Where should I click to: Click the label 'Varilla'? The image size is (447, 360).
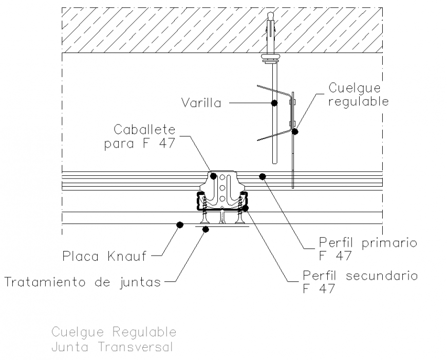coord(201,103)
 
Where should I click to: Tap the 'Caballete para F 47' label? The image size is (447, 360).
coord(140,136)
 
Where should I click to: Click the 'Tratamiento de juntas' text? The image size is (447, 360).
coord(83,281)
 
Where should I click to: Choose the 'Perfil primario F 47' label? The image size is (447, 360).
coord(368,248)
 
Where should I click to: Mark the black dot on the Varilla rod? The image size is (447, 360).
coord(274,103)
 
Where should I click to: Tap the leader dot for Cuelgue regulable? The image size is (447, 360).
coord(295,131)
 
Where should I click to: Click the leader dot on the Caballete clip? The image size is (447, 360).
coord(213,176)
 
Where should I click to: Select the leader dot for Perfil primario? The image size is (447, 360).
coord(262,177)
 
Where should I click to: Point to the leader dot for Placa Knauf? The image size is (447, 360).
coord(180,225)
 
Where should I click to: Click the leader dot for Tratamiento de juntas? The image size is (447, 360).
coord(205,229)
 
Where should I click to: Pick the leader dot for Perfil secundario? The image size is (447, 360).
coord(245,208)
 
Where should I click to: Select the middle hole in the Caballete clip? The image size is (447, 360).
coord(222,188)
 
